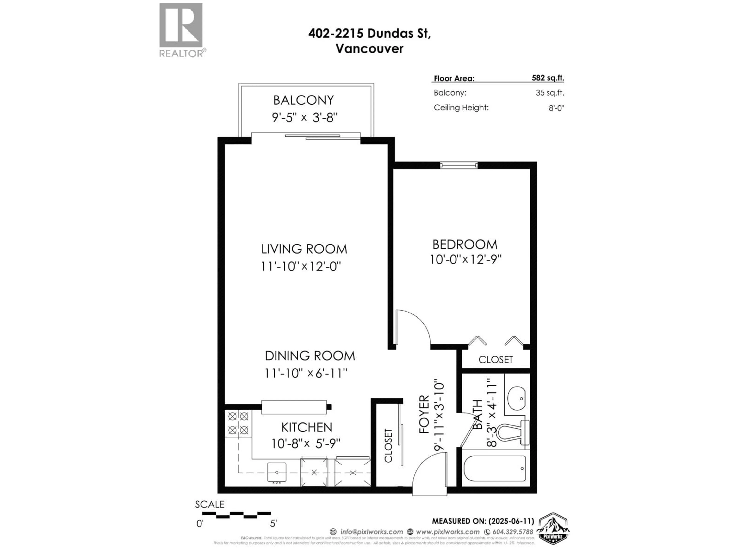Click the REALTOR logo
[181, 30]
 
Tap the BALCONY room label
[303, 100]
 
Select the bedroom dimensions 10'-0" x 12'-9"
[466, 260]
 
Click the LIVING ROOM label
[304, 249]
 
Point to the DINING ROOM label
[310, 356]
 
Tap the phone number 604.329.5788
[513, 532]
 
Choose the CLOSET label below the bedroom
[495, 360]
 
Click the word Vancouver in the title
[369, 49]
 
